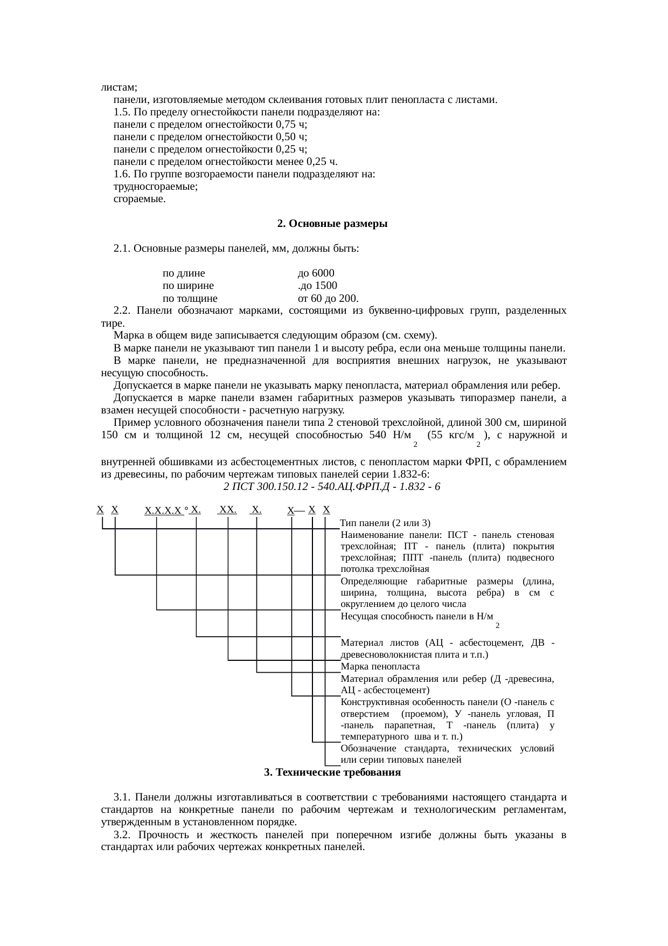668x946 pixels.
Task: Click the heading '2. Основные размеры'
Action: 332,224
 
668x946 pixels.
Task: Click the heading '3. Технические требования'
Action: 332,772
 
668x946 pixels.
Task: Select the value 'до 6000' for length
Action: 316,273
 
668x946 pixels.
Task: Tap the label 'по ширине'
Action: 188,286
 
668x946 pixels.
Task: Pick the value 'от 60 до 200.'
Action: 328,299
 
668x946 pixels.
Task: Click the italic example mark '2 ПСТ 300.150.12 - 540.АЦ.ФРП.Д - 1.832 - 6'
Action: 332,487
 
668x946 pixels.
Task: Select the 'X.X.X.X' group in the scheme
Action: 164,510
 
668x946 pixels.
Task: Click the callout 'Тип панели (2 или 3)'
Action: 385,523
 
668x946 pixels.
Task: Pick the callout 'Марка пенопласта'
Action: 380,666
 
